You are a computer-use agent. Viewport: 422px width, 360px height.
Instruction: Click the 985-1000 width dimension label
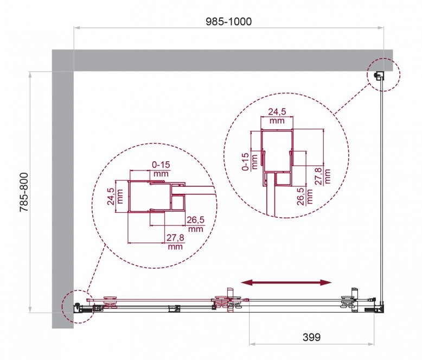pos(229,22)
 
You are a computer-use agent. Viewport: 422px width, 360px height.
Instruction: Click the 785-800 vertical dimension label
pos(24,192)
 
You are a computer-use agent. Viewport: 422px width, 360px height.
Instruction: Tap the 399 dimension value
pos(312,337)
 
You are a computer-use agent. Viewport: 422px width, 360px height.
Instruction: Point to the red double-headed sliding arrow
pos(286,282)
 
